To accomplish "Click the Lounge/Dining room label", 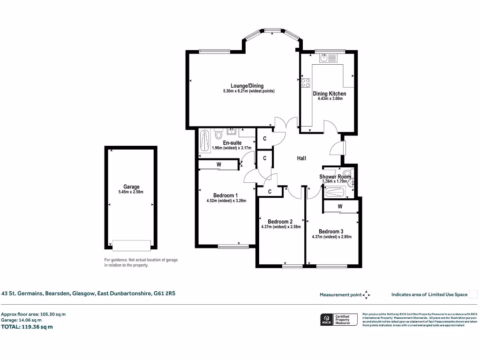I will coord(247,86).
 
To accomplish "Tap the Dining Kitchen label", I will coord(330,94).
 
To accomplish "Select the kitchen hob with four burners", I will coord(305,83).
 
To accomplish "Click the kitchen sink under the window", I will coord(323,58).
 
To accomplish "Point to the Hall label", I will coord(301,158).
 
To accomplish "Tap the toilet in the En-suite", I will coord(218,135).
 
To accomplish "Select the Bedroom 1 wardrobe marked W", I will coord(218,165).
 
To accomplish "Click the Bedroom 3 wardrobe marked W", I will coord(340,206).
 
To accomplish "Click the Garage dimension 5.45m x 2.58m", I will coord(131,192).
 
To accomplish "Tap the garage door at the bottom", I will coord(131,245).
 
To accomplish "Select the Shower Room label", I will coord(335,177).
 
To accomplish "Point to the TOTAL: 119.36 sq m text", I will coord(27,327).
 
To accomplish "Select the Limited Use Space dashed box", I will coord(473,294).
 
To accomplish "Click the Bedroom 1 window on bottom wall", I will coord(232,245).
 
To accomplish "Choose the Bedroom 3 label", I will coord(331,232).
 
